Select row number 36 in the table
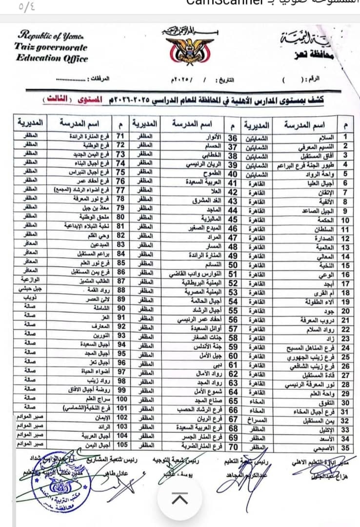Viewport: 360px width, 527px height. [x=233, y=138]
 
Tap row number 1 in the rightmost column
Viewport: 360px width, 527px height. [x=345, y=138]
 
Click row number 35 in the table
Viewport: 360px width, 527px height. [x=345, y=447]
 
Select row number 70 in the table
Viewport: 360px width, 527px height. [x=233, y=446]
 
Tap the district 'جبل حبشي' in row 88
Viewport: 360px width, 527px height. [x=30, y=289]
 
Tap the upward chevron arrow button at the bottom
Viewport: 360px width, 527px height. [x=180, y=498]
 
